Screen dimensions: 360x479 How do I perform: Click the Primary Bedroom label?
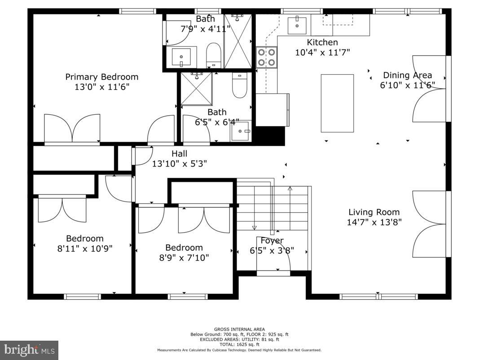(102, 77)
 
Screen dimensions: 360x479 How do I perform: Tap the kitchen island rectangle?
(337, 103)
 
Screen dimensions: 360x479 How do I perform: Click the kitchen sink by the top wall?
(297, 26)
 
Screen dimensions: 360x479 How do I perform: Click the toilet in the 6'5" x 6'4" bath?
(240, 85)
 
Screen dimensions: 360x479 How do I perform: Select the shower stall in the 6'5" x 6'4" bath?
(196, 88)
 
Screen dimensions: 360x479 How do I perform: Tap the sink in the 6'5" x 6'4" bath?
(241, 131)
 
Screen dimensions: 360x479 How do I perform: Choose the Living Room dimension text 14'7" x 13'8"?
(374, 222)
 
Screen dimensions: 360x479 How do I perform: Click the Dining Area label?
(407, 75)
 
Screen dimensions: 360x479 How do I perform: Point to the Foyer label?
(272, 241)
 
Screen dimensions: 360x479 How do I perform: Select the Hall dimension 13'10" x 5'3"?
(180, 164)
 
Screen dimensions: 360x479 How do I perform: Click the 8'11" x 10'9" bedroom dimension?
(85, 248)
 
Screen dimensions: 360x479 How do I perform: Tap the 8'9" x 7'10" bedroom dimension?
(184, 258)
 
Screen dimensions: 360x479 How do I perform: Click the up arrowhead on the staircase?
(290, 189)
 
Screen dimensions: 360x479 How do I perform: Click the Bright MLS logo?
(29, 350)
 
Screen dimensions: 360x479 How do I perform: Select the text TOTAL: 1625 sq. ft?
(239, 345)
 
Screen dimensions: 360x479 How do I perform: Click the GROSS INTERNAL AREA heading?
(239, 329)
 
